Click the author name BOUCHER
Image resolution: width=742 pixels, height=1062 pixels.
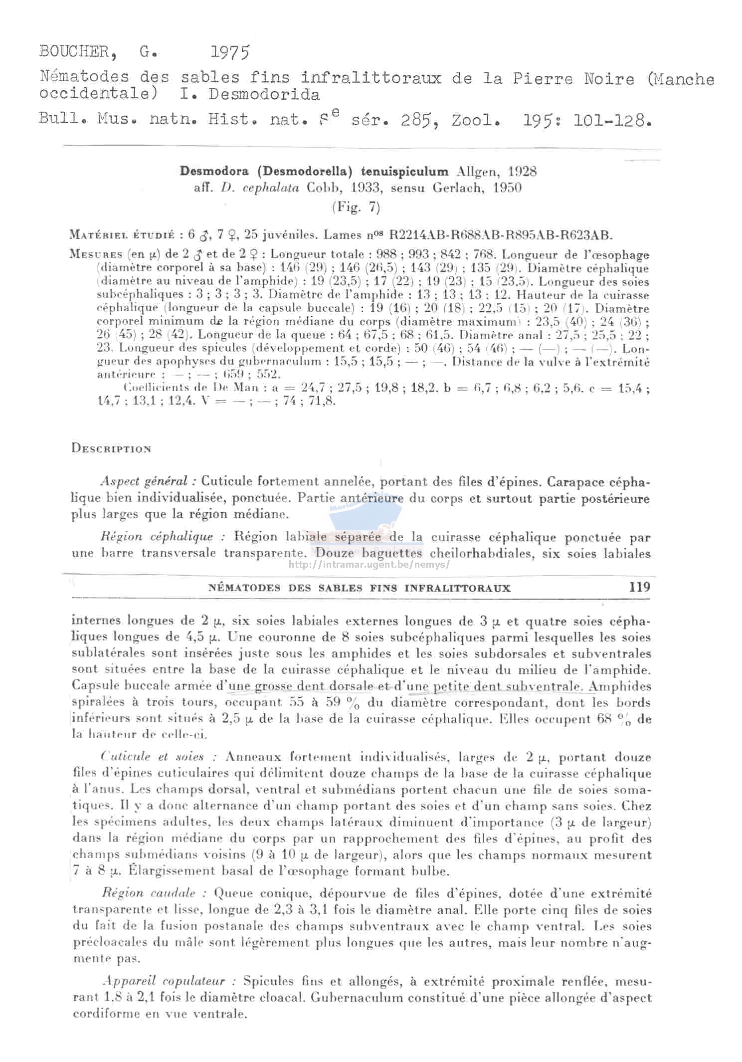(x=74, y=51)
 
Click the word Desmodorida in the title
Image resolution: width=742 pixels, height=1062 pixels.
(x=264, y=94)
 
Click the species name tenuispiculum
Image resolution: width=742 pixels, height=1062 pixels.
(x=404, y=172)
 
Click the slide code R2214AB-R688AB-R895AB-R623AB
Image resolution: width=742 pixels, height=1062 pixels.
(x=500, y=234)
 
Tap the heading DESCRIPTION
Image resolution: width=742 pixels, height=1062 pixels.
(x=111, y=448)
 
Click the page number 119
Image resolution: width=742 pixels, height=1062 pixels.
(x=640, y=587)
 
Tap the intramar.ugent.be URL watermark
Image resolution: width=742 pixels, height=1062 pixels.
(x=369, y=565)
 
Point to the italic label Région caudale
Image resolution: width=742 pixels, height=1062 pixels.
(x=155, y=893)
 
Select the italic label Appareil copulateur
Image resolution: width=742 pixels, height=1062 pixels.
(x=169, y=981)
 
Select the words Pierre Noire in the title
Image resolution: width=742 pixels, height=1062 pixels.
(x=573, y=79)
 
